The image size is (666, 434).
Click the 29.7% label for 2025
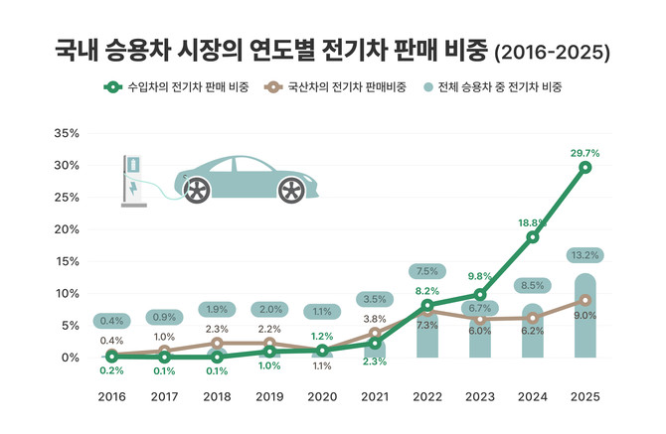(x=585, y=153)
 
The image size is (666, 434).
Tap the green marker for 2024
(x=533, y=237)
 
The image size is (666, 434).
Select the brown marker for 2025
(x=585, y=300)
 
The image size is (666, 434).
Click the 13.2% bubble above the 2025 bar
(x=585, y=254)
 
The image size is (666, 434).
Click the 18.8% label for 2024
(x=533, y=223)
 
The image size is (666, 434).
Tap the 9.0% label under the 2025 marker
(x=585, y=317)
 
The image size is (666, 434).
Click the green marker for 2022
(x=427, y=305)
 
